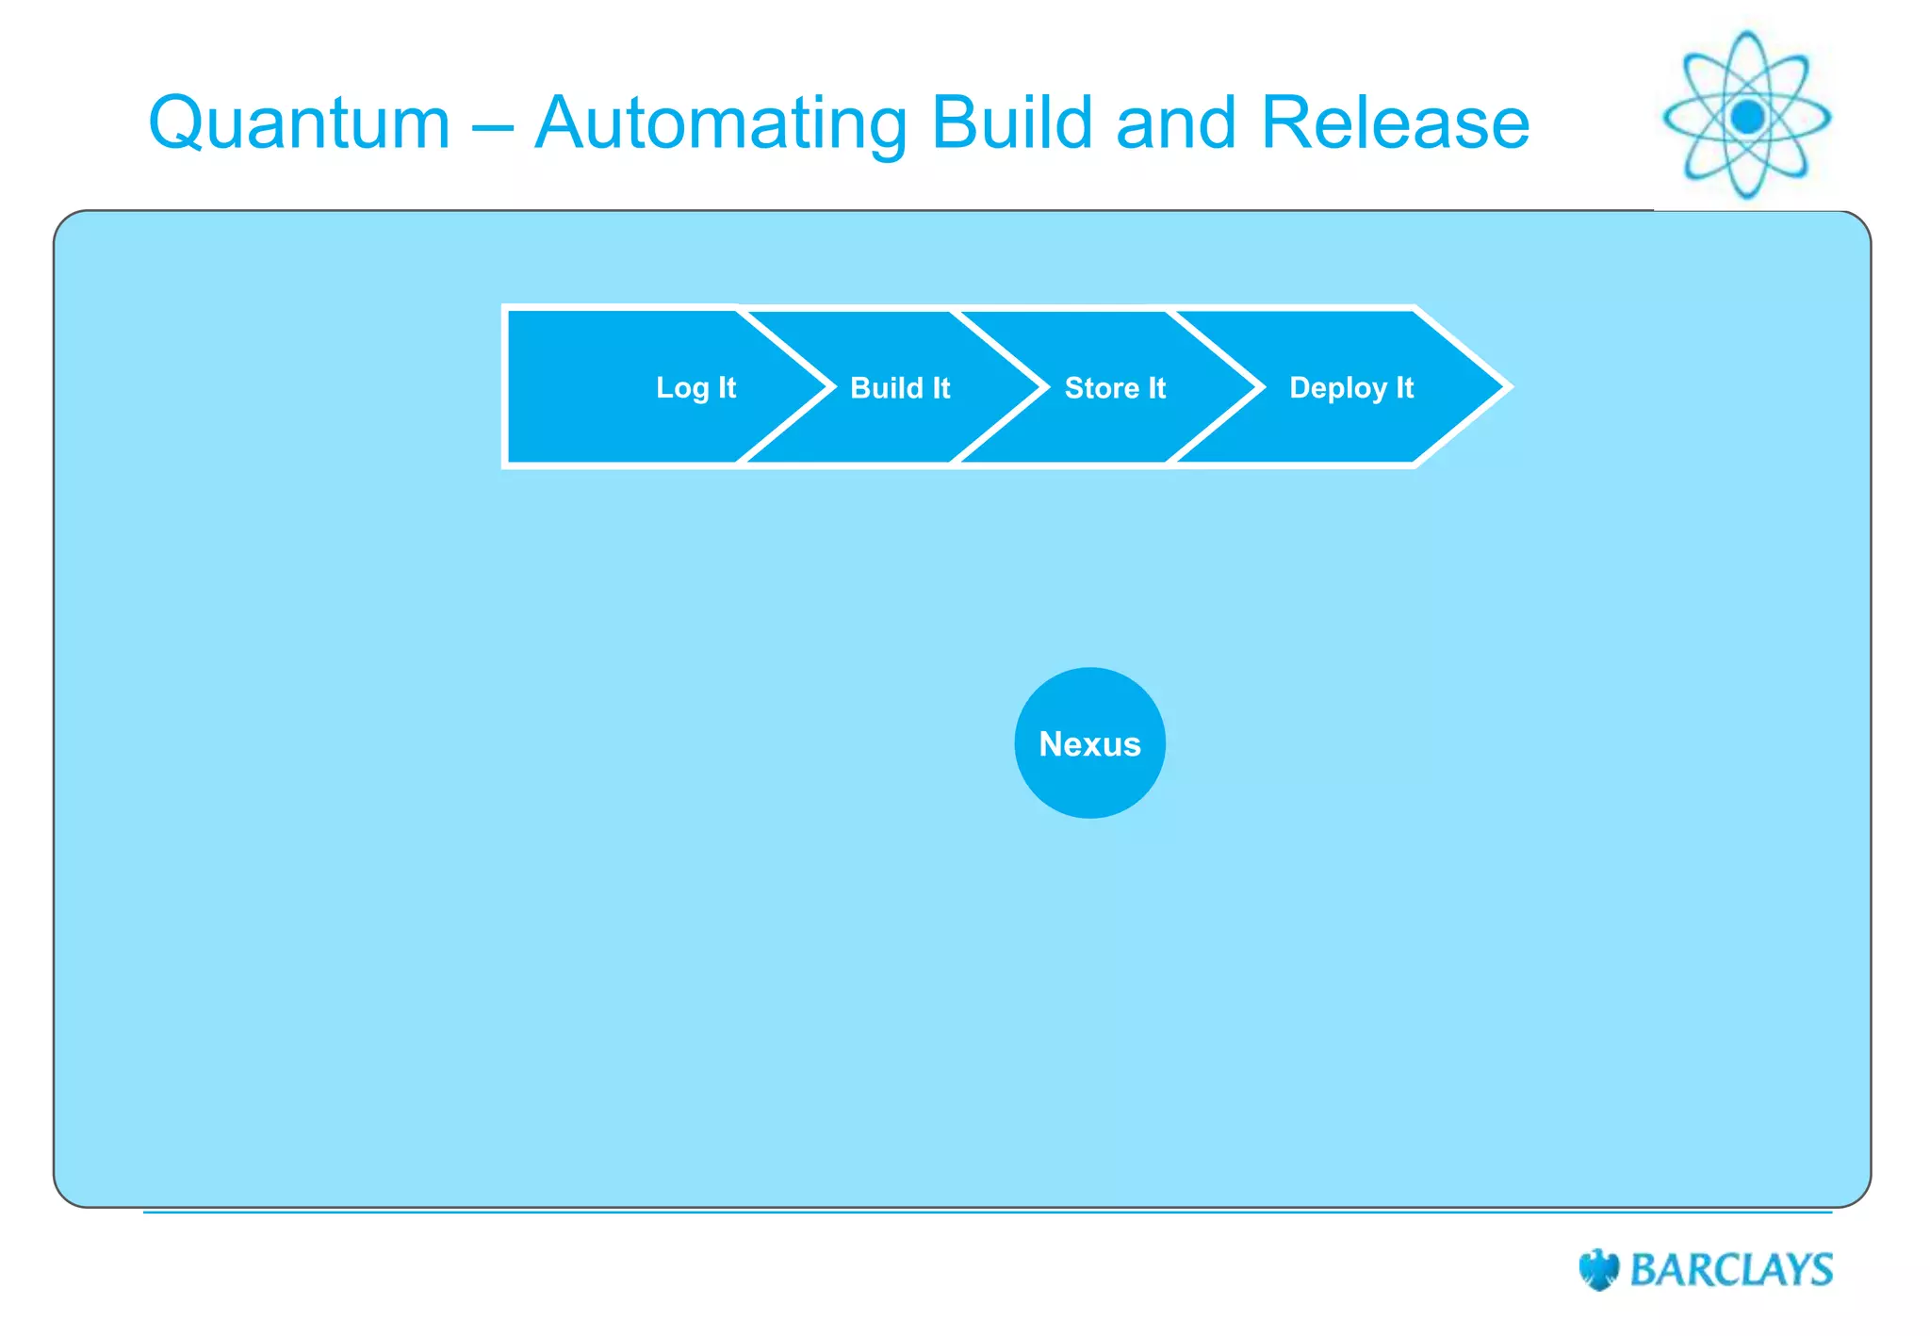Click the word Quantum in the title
300,123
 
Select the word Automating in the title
721,123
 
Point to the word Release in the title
1395,123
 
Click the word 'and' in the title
1175,123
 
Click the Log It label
695,387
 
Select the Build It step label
900,387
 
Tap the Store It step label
1115,387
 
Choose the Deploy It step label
1351,387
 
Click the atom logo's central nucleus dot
1747,117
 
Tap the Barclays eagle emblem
1598,1270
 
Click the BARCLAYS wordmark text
1731,1270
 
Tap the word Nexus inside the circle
1089,744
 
